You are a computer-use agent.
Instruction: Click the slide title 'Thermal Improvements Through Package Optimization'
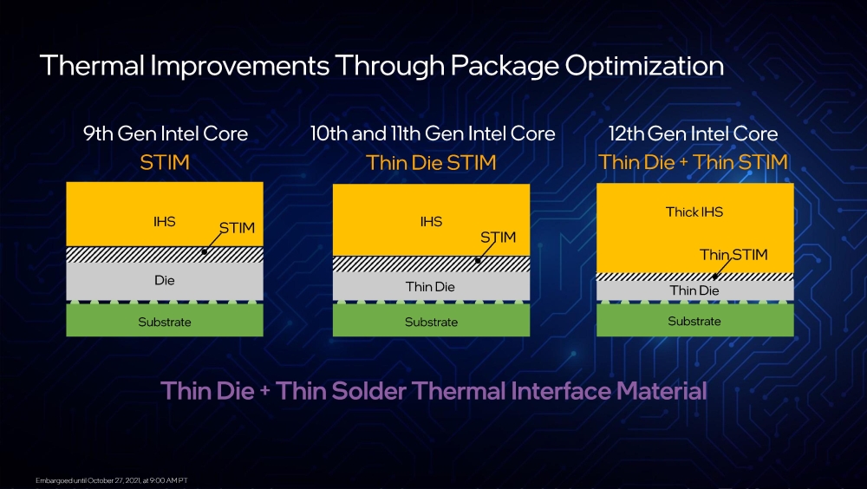[381, 66]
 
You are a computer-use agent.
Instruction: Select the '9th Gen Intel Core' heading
[165, 134]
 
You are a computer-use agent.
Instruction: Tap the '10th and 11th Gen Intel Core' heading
[433, 134]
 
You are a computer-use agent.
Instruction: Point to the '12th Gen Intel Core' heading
[694, 134]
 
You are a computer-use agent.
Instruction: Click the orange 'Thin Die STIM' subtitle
[431, 162]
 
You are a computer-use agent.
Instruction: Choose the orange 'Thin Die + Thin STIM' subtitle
[694, 162]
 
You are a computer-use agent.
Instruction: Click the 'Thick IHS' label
[694, 212]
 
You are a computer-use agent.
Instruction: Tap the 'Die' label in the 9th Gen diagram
[164, 281]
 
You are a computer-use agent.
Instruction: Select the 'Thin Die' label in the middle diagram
[431, 286]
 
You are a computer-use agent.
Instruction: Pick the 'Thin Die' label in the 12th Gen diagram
[694, 290]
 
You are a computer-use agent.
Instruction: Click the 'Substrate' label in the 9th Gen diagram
[164, 322]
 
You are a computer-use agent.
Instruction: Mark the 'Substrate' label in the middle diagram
[431, 322]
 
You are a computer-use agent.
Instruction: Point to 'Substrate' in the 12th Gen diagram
[694, 321]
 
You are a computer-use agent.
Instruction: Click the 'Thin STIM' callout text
[733, 255]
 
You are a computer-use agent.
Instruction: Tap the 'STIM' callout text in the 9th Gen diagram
[237, 229]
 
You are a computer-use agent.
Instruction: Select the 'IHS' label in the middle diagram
[431, 222]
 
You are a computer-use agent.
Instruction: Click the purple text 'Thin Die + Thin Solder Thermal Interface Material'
[433, 390]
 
